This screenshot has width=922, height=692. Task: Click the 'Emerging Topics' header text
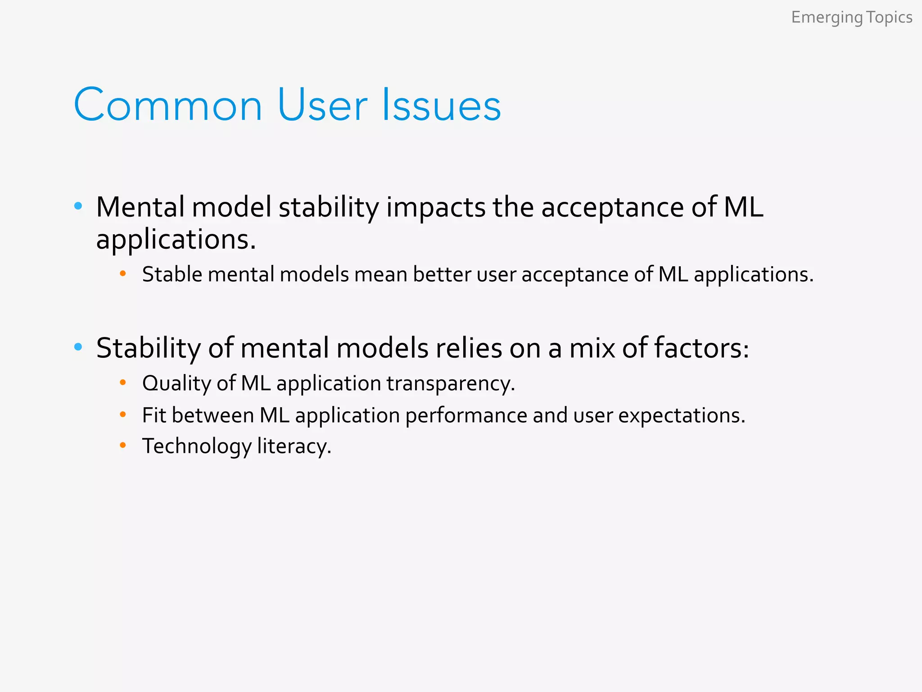coord(851,18)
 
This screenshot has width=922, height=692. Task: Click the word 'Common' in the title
coord(168,105)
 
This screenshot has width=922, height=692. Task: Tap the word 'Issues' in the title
coord(441,105)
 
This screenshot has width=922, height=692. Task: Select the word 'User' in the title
coord(322,105)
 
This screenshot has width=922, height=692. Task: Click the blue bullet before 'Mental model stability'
coord(78,206)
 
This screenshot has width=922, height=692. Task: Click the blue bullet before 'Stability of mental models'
coord(78,347)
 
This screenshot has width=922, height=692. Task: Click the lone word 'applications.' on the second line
coord(176,240)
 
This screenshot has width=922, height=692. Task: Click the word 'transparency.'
coord(451,384)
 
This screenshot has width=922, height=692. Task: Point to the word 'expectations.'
coord(682,415)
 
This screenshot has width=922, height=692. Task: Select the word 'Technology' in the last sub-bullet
coord(197,446)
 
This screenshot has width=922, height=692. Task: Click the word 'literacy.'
coord(294,446)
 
